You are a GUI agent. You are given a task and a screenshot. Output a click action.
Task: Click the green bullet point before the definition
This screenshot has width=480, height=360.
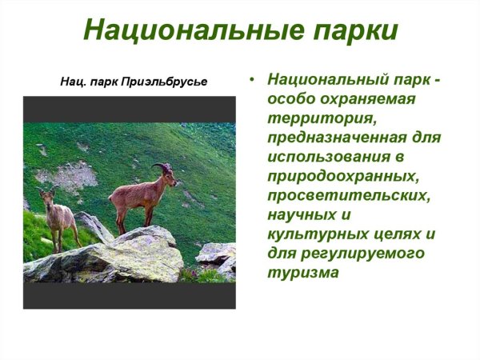252,80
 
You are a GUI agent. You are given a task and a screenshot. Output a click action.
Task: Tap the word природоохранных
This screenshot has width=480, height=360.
344,176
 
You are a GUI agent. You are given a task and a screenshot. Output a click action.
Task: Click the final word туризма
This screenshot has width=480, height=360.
303,272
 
